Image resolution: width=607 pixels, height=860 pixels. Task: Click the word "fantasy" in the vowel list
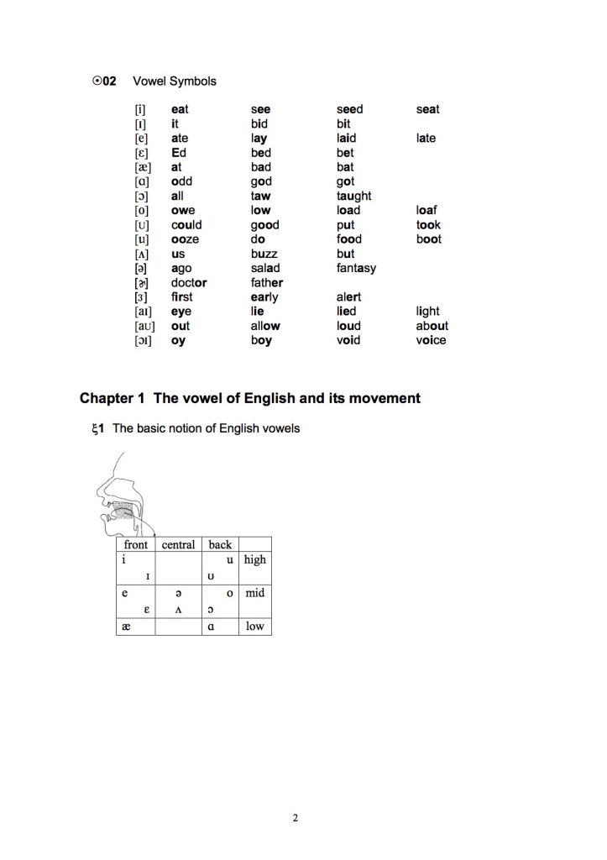[x=356, y=268]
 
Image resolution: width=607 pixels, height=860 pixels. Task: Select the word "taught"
[x=353, y=196]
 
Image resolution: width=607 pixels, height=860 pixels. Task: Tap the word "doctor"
[x=189, y=282]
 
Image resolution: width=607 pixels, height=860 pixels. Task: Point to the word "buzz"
[x=264, y=254]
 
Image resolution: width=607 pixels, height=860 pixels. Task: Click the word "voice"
[x=432, y=340]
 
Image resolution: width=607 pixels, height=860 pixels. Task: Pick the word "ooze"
[x=185, y=239]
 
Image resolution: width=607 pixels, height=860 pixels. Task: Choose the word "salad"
[x=265, y=268]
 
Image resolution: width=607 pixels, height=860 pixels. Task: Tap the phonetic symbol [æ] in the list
[x=142, y=167]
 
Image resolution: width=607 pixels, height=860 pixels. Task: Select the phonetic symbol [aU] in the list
[x=144, y=326]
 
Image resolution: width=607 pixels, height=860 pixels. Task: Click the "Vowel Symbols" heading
[x=175, y=81]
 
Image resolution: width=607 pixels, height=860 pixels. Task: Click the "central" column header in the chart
[x=178, y=544]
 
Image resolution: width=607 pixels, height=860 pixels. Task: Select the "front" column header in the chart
[x=135, y=544]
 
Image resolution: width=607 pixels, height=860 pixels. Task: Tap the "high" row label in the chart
[x=254, y=559]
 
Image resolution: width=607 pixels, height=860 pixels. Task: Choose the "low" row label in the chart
[x=254, y=627]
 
